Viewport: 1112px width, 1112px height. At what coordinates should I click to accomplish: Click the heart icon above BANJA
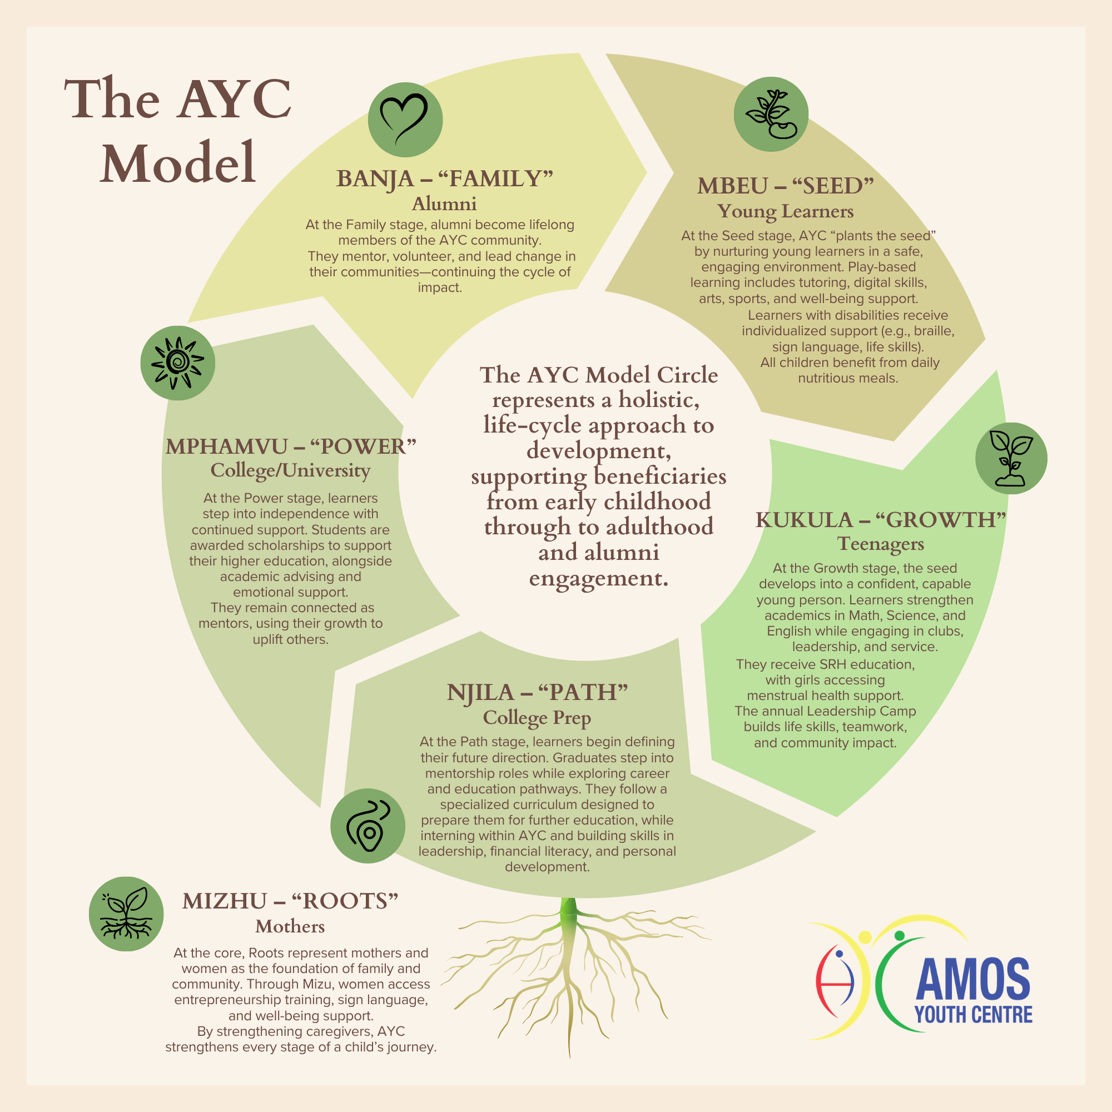[405, 120]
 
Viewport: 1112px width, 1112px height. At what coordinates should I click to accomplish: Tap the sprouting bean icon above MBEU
[771, 114]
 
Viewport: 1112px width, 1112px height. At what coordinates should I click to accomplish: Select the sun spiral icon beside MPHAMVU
[177, 363]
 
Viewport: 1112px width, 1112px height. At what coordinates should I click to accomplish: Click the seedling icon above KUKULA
[1011, 458]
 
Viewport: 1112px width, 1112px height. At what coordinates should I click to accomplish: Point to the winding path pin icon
[368, 825]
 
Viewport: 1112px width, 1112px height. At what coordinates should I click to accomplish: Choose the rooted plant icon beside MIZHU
[126, 914]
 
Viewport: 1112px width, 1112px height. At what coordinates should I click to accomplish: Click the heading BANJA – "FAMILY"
[444, 178]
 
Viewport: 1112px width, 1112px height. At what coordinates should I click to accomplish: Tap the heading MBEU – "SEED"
[786, 185]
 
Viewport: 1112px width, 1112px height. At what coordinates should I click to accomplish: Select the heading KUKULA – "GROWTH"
[880, 519]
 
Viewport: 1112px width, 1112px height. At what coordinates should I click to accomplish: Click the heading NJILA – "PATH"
[537, 692]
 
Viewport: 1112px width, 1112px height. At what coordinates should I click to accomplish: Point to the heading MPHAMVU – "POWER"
[291, 446]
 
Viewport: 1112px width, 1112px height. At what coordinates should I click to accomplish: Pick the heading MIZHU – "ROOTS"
[290, 901]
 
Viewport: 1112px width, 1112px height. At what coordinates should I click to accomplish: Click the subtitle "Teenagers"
[880, 543]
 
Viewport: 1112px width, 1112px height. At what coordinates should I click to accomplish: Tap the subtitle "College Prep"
[537, 717]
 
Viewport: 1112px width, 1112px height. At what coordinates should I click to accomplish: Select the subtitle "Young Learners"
[785, 211]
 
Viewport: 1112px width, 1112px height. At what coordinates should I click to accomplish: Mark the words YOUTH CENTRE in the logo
[974, 1015]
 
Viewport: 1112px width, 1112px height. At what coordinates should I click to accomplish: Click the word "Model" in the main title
[178, 163]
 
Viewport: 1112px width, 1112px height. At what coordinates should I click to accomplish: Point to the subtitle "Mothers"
[290, 926]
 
